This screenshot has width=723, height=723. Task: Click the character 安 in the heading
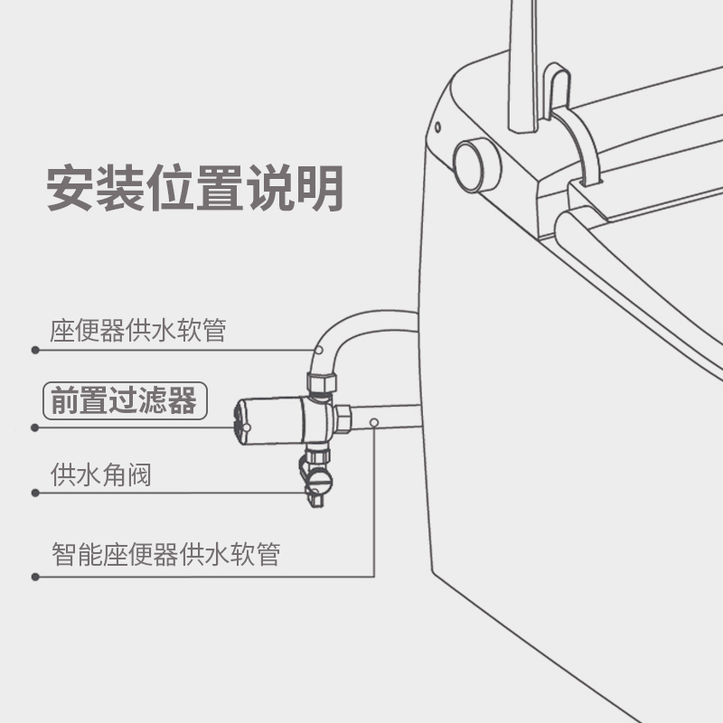point(71,187)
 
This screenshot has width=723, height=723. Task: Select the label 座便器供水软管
point(137,330)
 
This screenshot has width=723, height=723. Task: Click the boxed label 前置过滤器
point(125,399)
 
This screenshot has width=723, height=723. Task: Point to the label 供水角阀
point(100,474)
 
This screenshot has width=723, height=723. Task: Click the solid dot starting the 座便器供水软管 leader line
point(35,350)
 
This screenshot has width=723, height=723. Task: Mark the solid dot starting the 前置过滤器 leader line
point(35,427)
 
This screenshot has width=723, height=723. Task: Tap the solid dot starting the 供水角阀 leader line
point(35,493)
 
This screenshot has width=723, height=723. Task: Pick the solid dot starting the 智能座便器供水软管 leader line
point(35,576)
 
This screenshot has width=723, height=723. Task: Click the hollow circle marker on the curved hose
point(319,349)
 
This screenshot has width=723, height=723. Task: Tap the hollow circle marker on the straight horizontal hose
point(375,422)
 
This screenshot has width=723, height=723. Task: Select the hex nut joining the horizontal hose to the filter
point(344,418)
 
